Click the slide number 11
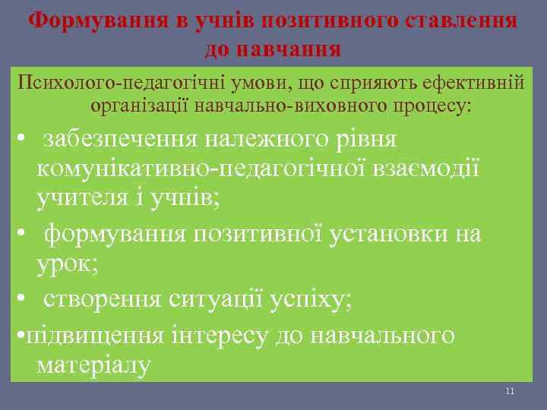tap(510, 391)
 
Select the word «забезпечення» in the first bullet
tap(129, 139)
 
